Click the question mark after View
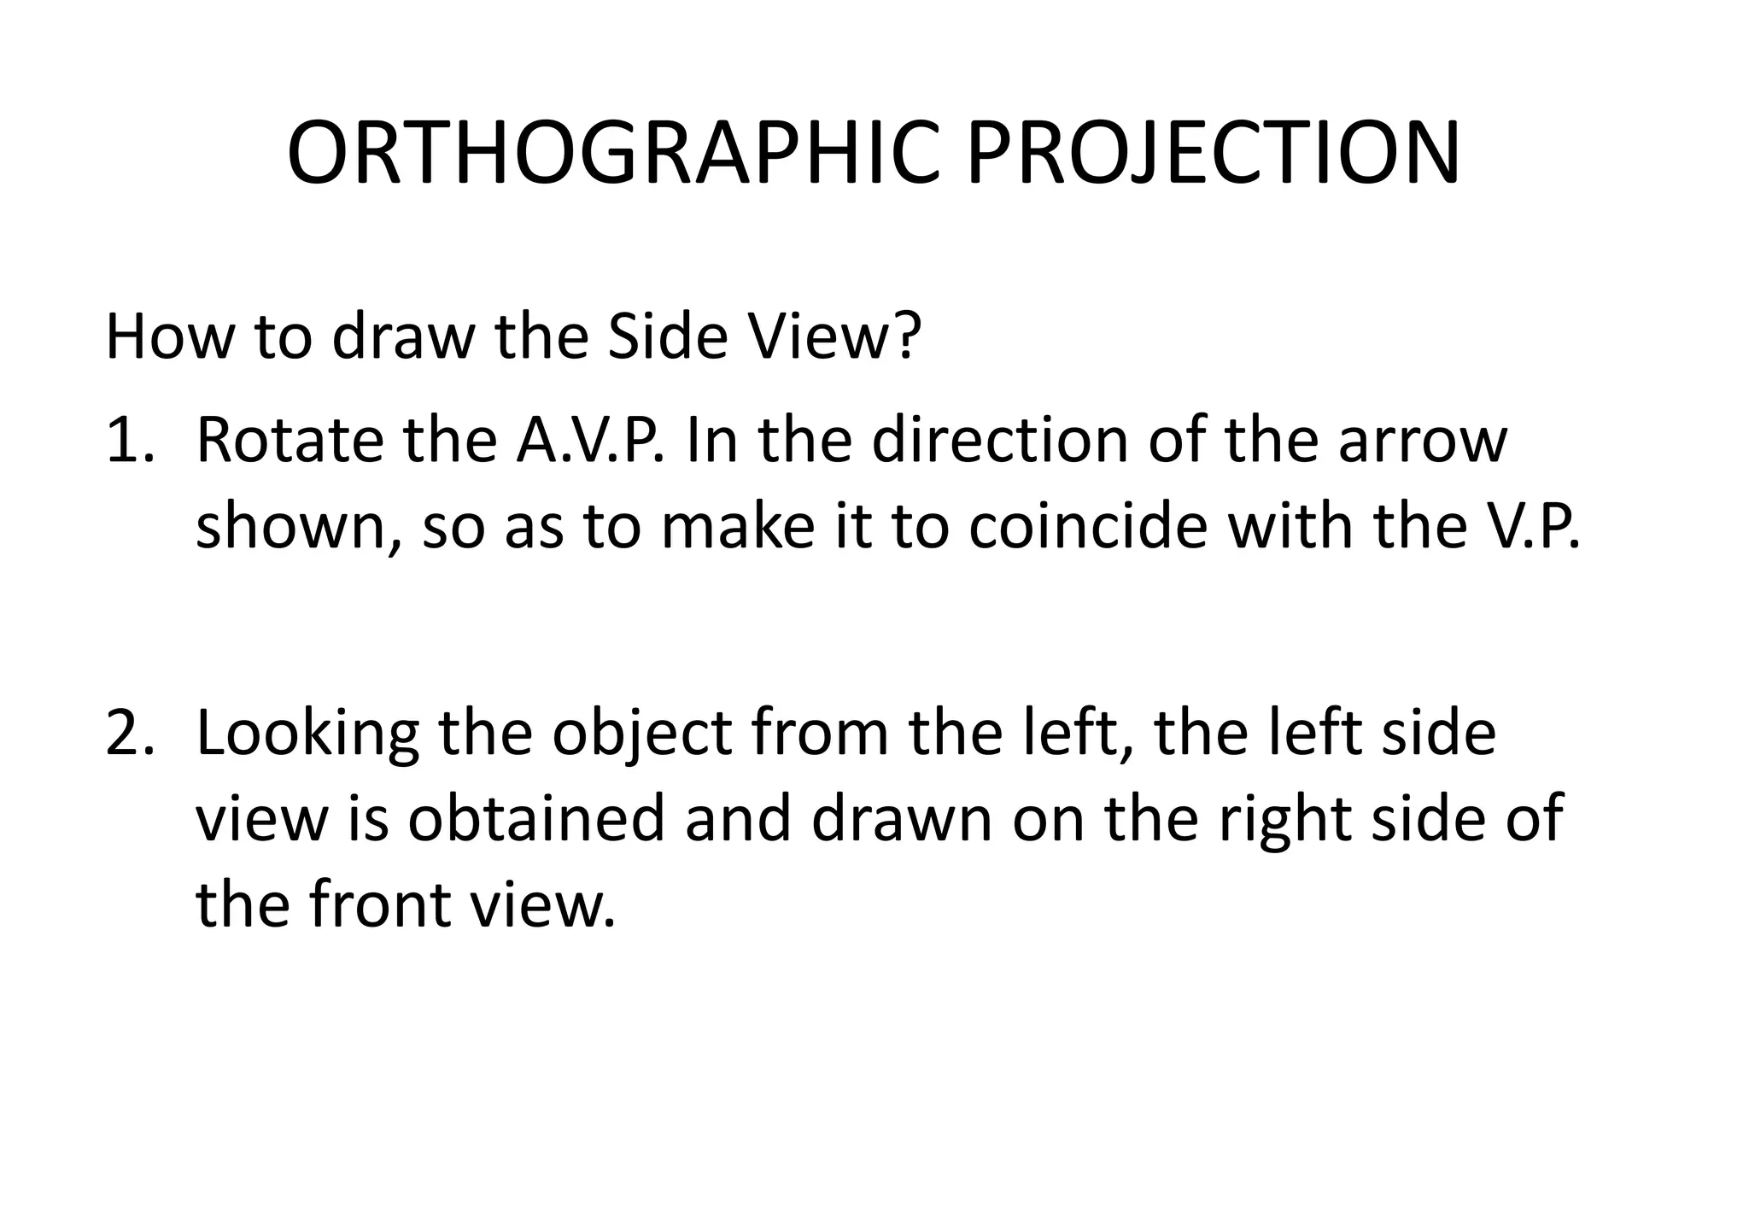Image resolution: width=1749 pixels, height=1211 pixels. pos(907,337)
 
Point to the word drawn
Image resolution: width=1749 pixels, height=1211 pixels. pos(901,818)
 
